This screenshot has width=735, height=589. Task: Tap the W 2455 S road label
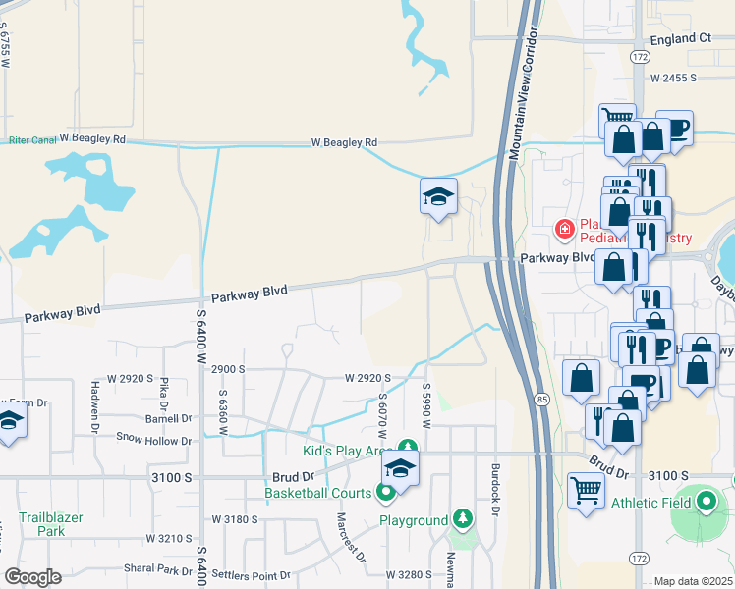667,77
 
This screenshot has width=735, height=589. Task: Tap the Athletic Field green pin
706,503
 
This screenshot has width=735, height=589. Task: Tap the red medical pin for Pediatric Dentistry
565,231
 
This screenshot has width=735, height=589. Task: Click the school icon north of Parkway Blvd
438,196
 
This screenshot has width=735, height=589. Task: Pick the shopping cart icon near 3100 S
586,490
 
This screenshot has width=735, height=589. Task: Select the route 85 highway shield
542,399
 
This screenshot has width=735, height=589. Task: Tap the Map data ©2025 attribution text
692,581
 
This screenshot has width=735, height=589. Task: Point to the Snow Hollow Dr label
154,438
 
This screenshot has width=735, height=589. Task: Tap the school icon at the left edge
9,424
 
